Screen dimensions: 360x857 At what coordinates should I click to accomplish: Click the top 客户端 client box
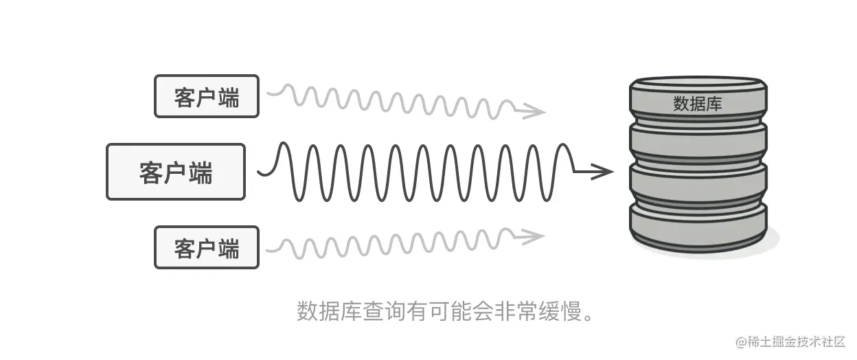click(x=207, y=96)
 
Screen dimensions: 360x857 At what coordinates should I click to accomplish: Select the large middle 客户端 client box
click(x=176, y=172)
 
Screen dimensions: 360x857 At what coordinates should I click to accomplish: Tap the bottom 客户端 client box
click(x=207, y=247)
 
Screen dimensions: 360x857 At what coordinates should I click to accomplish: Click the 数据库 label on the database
click(x=697, y=104)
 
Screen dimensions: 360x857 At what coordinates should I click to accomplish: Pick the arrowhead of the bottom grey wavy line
click(x=534, y=236)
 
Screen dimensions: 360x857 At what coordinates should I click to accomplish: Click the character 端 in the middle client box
click(x=200, y=172)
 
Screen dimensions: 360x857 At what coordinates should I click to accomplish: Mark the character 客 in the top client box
click(x=185, y=97)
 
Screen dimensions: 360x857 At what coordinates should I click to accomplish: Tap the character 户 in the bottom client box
click(x=207, y=248)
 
